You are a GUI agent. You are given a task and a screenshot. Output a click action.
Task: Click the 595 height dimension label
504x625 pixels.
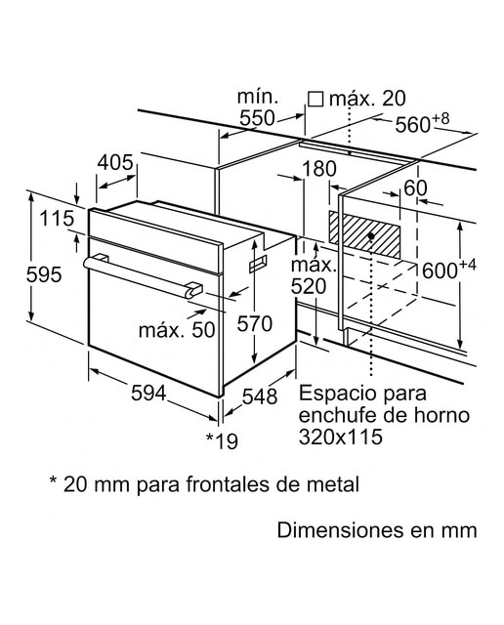[x=44, y=274]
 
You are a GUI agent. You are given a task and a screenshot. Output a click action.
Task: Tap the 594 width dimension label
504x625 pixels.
[x=148, y=394]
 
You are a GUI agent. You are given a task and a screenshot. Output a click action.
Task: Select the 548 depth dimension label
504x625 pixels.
[x=260, y=396]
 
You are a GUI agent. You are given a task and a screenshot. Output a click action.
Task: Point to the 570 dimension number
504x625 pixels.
[x=254, y=323]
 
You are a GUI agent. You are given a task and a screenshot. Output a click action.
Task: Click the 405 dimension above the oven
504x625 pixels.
[x=115, y=162]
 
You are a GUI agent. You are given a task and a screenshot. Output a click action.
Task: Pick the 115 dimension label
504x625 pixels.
[x=57, y=218]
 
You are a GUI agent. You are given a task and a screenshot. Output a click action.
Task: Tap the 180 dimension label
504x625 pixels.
[x=319, y=169]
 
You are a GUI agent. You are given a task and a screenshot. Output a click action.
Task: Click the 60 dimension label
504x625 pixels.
[x=415, y=188]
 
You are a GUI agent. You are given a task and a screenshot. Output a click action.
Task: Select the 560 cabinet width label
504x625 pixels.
[x=422, y=123]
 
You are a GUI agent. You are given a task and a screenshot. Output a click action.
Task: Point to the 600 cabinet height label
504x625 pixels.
[x=449, y=270]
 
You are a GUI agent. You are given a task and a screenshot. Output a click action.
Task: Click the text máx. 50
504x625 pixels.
[x=177, y=330]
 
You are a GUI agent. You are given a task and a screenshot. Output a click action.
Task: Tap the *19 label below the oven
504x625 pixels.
[x=222, y=440]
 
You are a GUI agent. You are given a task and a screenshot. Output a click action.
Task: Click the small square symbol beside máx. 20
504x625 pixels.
[x=315, y=99]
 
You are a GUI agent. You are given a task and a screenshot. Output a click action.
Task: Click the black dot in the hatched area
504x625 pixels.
[x=371, y=236]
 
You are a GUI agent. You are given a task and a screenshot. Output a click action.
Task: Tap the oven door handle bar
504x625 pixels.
[x=144, y=276]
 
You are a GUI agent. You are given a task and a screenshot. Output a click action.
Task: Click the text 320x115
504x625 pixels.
[x=341, y=437]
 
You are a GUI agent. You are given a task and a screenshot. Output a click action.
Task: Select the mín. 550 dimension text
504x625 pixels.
[x=258, y=107]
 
